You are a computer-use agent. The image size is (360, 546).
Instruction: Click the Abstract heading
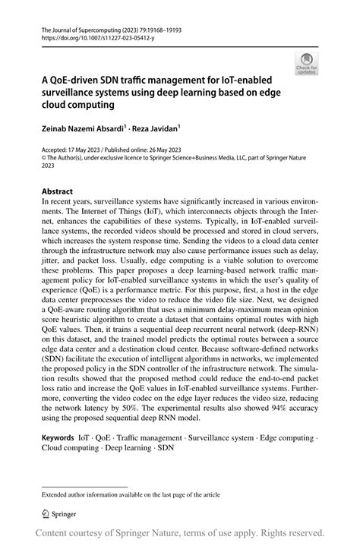click(58, 191)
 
